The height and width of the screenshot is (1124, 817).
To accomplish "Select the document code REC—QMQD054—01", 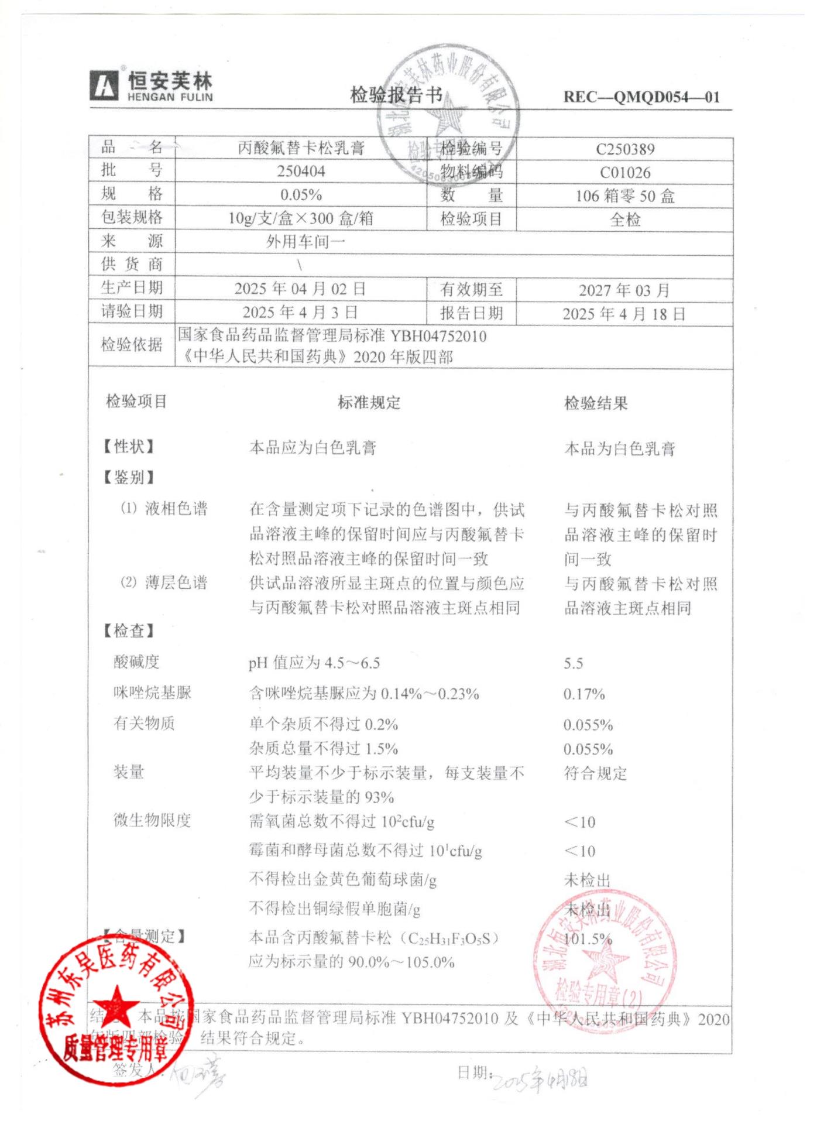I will (641, 97).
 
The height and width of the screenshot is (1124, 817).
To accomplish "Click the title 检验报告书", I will (396, 95).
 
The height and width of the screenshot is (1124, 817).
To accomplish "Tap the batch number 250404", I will (301, 172).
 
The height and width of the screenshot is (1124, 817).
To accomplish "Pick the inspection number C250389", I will (624, 149).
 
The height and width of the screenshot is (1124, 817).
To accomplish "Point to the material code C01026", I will (624, 173).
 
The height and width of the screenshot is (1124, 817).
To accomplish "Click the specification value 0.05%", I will (301, 195).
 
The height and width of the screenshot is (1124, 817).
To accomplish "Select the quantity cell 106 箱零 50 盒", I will (624, 196).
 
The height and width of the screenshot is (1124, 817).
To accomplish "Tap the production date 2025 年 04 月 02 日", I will (300, 289).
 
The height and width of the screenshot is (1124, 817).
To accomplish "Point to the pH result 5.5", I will (573, 663).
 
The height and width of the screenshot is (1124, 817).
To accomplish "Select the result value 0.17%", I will (583, 694).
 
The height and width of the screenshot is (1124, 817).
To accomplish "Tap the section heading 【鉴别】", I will (128, 477).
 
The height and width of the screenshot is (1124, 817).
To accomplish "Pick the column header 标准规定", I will (369, 403).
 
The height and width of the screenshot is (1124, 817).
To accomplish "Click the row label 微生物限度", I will (152, 820).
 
